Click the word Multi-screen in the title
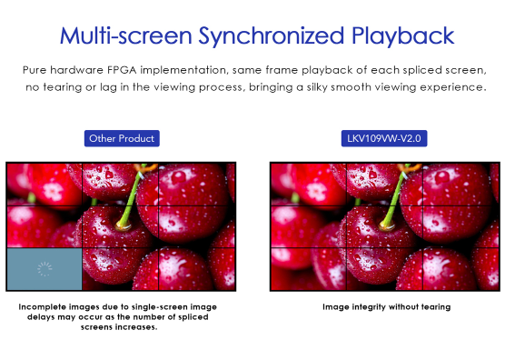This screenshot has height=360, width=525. (x=126, y=35)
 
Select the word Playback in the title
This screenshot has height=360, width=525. (x=402, y=36)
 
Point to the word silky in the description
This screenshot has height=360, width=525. (x=317, y=87)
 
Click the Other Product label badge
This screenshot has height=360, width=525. (x=122, y=138)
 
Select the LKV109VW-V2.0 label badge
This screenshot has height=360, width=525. (x=384, y=138)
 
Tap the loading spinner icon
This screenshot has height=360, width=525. (x=45, y=269)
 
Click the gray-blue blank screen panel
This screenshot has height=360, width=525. (x=45, y=269)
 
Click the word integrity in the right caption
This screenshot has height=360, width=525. (x=368, y=307)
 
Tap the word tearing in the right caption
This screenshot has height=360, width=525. (x=436, y=307)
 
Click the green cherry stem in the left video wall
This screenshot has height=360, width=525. (x=133, y=195)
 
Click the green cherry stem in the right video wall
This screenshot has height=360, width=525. (x=396, y=195)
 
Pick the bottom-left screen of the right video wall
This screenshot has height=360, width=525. (x=309, y=269)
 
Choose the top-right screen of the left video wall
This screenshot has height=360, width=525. (x=196, y=185)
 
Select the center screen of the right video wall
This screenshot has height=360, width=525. (x=384, y=227)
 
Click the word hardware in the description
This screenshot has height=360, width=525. (x=76, y=70)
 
